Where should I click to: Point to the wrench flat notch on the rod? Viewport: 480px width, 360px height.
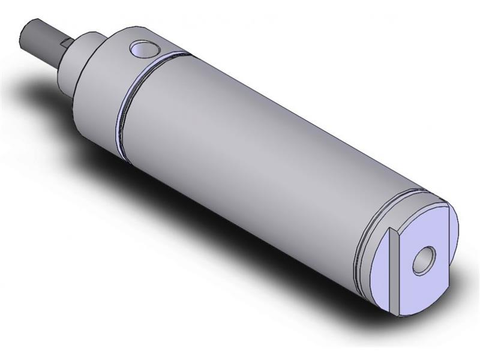coord(65,43)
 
